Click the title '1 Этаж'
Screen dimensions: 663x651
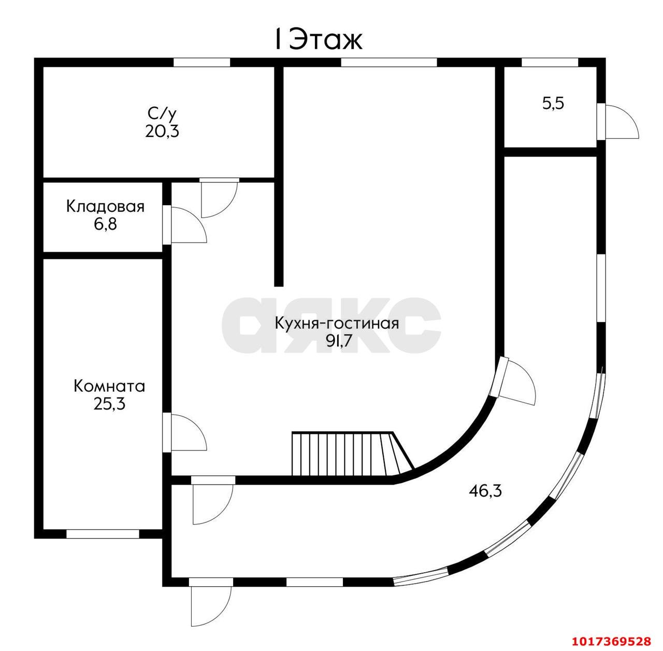pyautogui.click(x=318, y=39)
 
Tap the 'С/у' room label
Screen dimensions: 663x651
pyautogui.click(x=162, y=112)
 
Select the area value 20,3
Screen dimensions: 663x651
pyautogui.click(x=162, y=131)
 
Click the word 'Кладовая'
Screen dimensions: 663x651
pyautogui.click(x=105, y=206)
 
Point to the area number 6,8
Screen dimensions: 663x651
pyautogui.click(x=105, y=224)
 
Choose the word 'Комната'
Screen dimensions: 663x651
pyautogui.click(x=109, y=386)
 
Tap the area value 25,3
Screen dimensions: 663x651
pyautogui.click(x=109, y=404)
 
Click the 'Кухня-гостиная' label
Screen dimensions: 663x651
pyautogui.click(x=337, y=323)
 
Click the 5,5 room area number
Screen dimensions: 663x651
pyautogui.click(x=553, y=104)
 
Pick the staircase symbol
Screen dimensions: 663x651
pyautogui.click(x=352, y=454)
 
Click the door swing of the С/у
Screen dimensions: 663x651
pyautogui.click(x=219, y=198)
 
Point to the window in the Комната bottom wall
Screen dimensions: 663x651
pyautogui.click(x=103, y=534)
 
